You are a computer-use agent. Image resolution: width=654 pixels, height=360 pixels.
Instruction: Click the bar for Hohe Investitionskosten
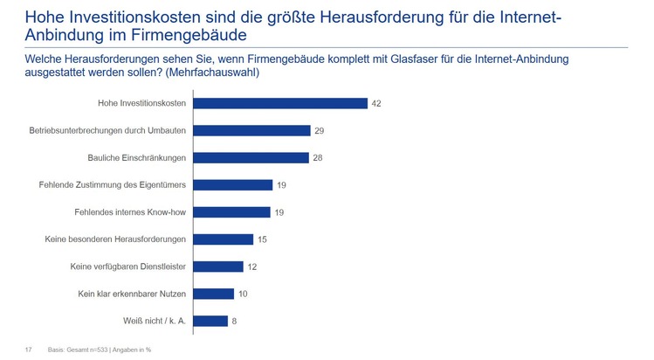click(x=279, y=103)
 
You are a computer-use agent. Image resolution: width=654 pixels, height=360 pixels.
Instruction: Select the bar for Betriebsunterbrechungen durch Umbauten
click(x=251, y=130)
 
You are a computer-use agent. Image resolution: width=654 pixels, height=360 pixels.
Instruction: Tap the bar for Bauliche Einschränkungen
click(x=251, y=157)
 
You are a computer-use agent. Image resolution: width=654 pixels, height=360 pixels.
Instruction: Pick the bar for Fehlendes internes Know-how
click(x=231, y=211)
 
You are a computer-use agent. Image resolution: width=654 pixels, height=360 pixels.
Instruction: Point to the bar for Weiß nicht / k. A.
click(x=210, y=321)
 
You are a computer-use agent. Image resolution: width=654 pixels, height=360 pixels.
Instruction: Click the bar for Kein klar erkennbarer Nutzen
click(x=213, y=294)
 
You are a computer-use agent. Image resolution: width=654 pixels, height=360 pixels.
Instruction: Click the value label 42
click(x=376, y=103)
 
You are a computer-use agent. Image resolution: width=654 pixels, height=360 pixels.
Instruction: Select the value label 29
click(x=320, y=130)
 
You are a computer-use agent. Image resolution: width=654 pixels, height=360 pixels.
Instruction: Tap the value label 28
click(x=318, y=157)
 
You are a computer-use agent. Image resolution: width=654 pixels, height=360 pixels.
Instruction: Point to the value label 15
click(x=263, y=239)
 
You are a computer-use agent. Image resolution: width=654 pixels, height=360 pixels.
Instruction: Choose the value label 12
click(x=252, y=267)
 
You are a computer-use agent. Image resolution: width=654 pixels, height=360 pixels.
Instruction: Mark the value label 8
click(x=234, y=321)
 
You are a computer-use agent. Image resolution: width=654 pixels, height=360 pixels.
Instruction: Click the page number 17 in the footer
click(x=28, y=350)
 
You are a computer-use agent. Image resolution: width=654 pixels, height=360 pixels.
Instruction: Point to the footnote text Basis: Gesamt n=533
click(x=79, y=350)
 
